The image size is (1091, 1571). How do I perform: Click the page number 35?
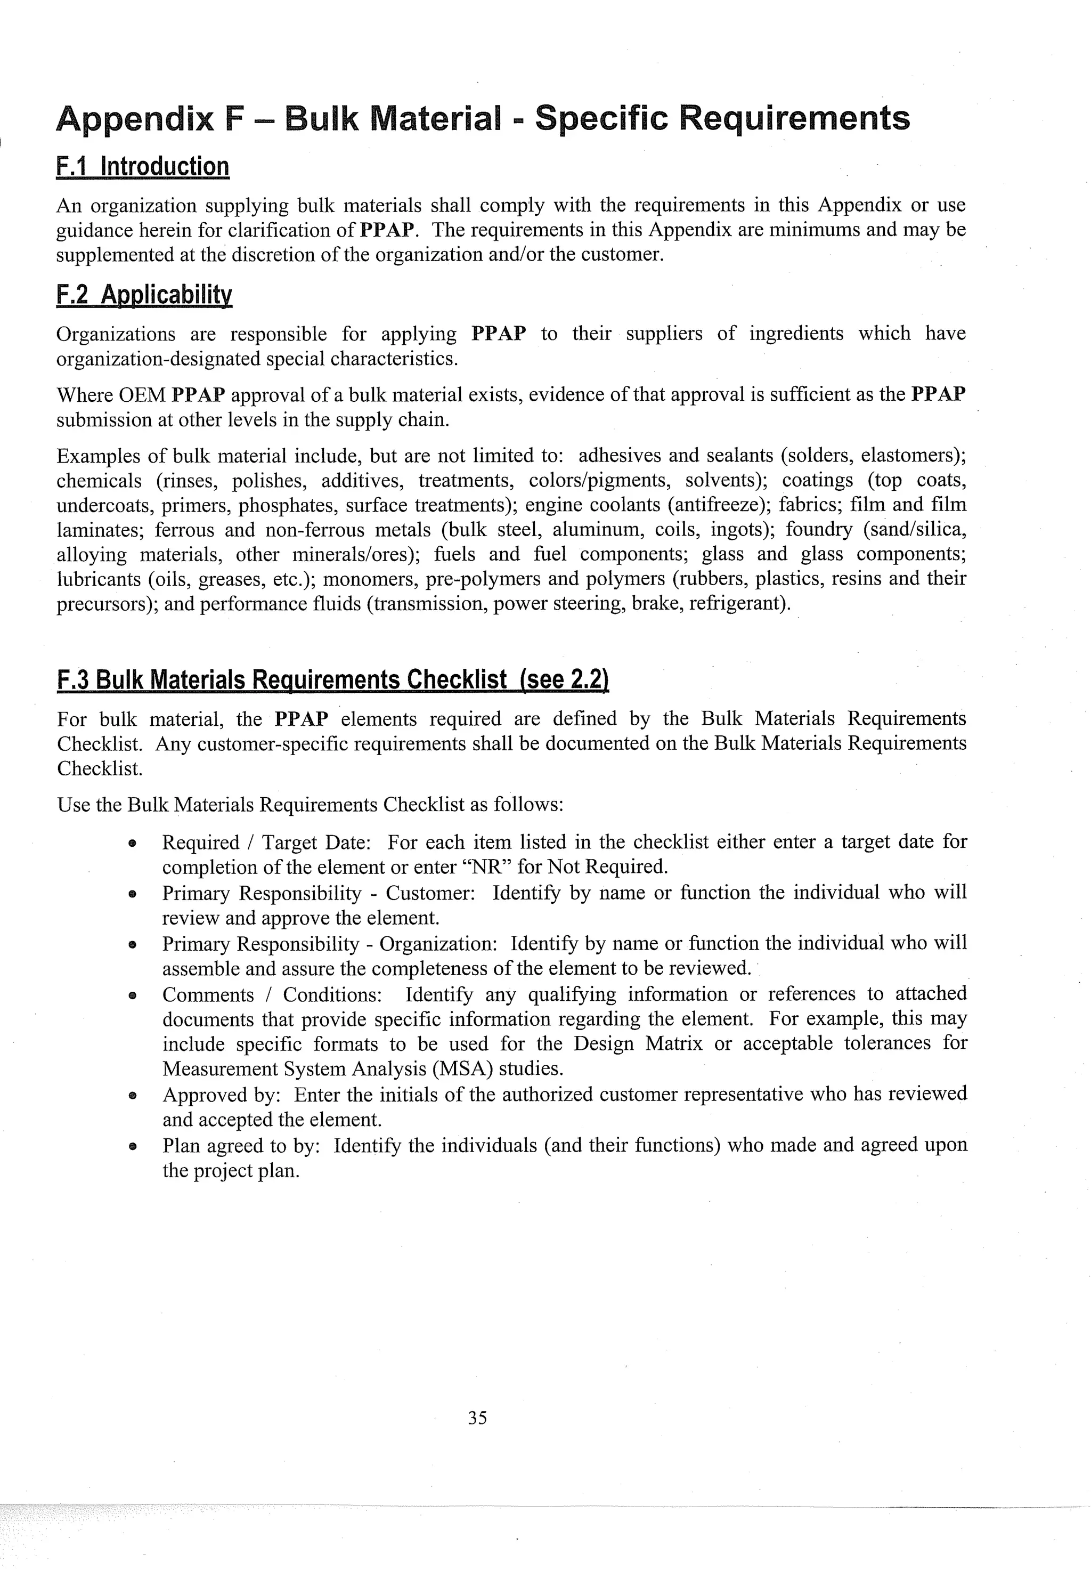tap(477, 1418)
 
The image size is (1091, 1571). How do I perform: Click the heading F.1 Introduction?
tap(143, 167)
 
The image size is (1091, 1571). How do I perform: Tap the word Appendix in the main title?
tap(135, 118)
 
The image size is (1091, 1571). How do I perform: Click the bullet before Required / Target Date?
tap(133, 844)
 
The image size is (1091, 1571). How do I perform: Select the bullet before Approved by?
tap(133, 1095)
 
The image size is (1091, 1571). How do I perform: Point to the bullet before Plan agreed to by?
tap(133, 1146)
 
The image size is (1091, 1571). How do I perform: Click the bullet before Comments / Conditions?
tap(133, 995)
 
